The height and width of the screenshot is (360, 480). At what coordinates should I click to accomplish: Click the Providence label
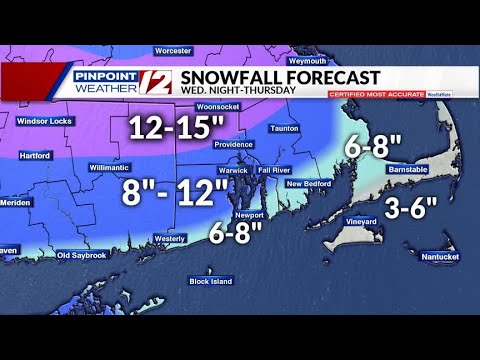point(233,145)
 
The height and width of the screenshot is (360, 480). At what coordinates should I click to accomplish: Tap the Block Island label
point(211,281)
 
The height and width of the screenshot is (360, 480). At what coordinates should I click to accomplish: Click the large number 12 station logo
point(162,83)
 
